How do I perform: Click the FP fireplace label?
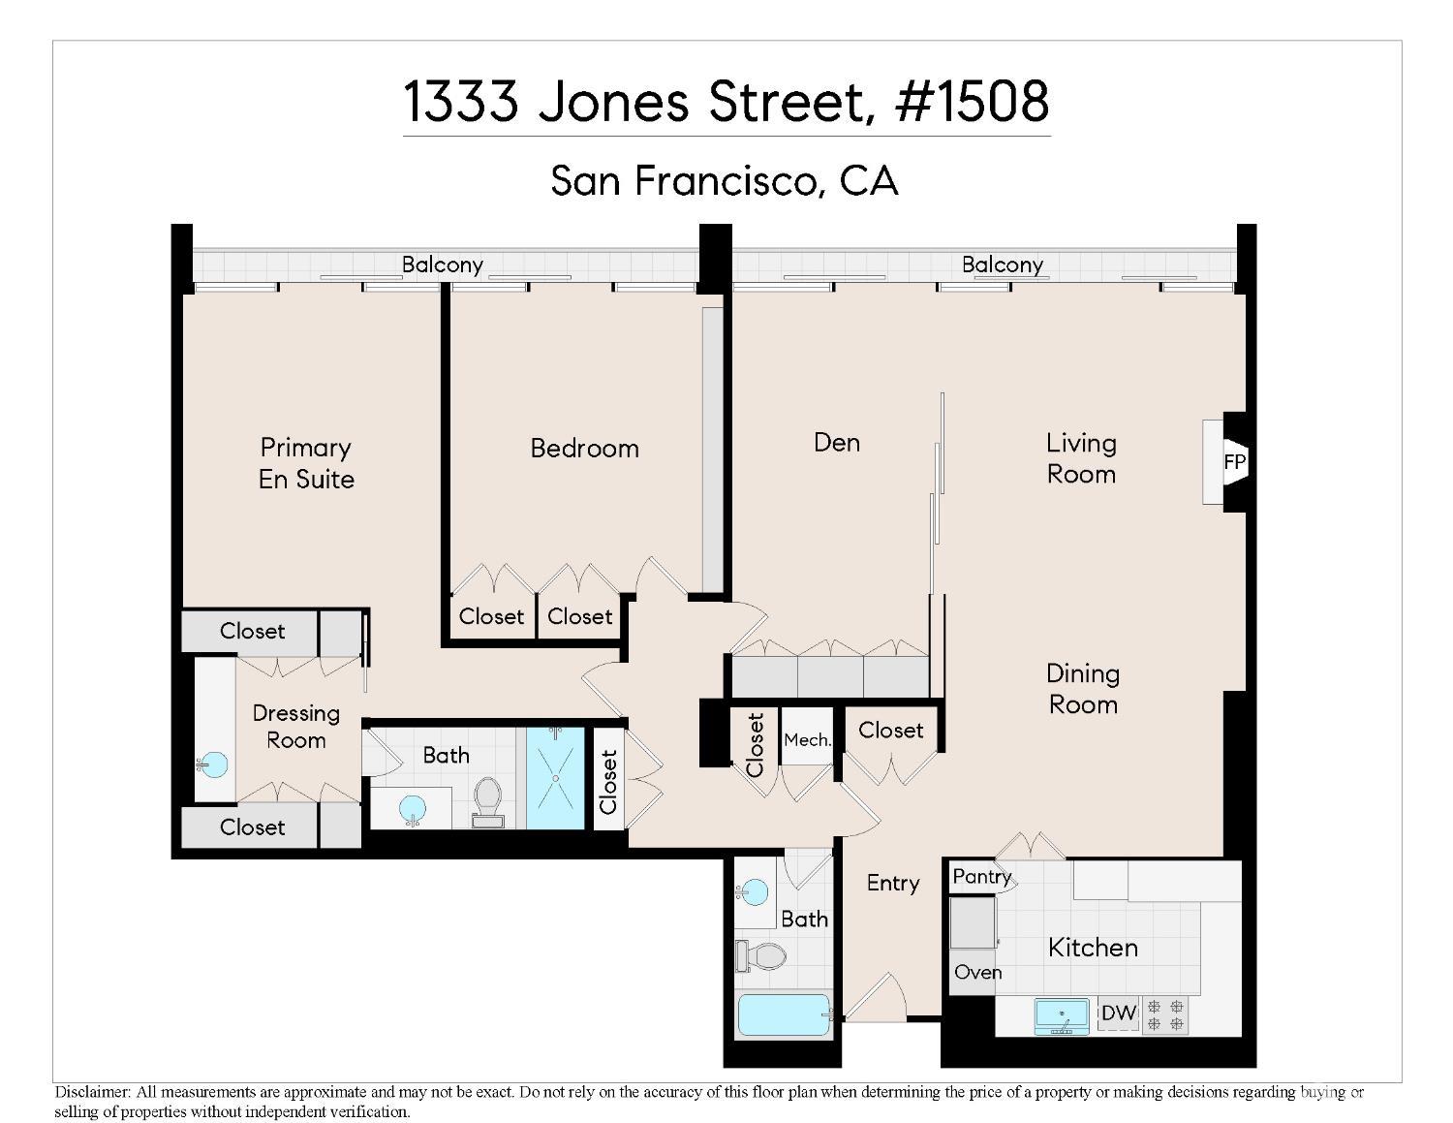tap(1233, 462)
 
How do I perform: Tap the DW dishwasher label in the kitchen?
tap(1118, 1014)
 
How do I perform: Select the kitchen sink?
tap(1062, 1015)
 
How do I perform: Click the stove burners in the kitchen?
tap(1165, 1014)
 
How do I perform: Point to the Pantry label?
tap(981, 877)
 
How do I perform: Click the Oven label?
tap(977, 972)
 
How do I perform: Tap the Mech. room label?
tap(807, 740)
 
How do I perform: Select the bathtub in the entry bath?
tap(784, 1015)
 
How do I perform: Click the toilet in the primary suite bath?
tap(487, 801)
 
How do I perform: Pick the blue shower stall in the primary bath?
tap(556, 777)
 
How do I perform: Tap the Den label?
tap(837, 443)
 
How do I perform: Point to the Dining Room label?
tap(1083, 689)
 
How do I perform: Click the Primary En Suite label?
tap(306, 463)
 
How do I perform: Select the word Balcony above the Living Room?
tap(1002, 265)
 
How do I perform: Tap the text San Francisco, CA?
tap(725, 180)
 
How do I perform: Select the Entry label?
tap(892, 883)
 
